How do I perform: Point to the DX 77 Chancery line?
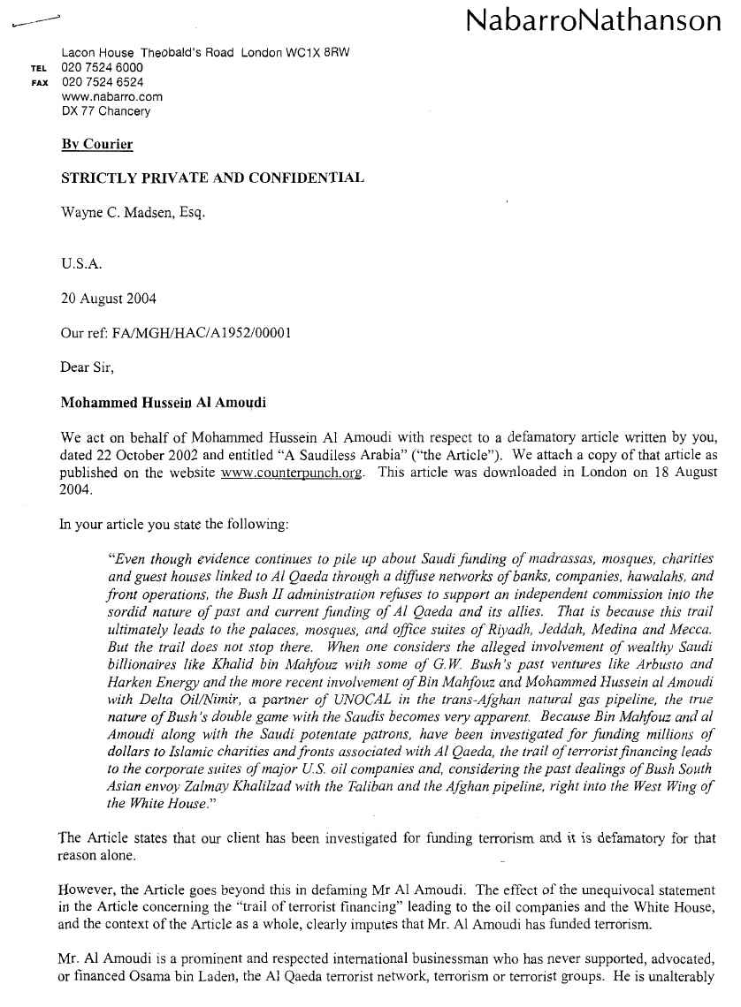point(106,111)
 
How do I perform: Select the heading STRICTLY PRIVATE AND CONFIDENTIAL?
point(212,178)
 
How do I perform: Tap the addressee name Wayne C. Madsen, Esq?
point(133,213)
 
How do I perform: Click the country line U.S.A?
point(79,263)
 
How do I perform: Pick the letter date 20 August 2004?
point(109,299)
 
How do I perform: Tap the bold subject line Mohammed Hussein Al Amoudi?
point(164,403)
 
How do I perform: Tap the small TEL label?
point(38,68)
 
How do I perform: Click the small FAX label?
point(38,83)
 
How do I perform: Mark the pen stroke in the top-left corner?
point(34,22)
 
